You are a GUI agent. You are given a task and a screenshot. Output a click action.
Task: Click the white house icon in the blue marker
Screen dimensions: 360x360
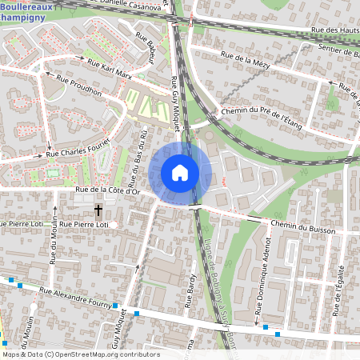(180, 173)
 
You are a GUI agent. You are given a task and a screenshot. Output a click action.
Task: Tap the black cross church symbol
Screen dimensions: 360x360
(98, 210)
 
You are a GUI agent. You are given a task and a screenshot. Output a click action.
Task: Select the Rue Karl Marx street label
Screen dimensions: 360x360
(106, 70)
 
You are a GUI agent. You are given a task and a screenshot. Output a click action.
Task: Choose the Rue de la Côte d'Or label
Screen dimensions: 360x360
(108, 190)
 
